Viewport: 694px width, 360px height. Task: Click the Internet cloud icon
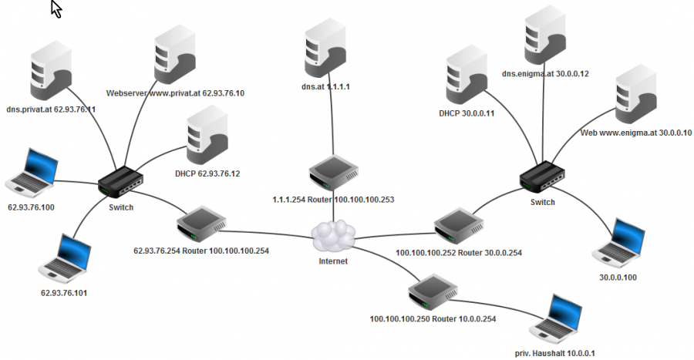(x=334, y=234)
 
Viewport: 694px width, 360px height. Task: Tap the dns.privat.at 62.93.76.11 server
(x=51, y=72)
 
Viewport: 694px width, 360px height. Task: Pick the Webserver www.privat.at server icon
(x=173, y=57)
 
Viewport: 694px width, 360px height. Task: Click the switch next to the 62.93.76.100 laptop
(x=120, y=183)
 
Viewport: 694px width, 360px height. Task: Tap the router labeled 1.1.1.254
(x=332, y=174)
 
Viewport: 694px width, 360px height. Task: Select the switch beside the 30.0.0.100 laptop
(x=541, y=177)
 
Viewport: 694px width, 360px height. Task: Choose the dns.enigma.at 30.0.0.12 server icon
(x=544, y=35)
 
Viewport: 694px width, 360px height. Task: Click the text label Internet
(x=333, y=261)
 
